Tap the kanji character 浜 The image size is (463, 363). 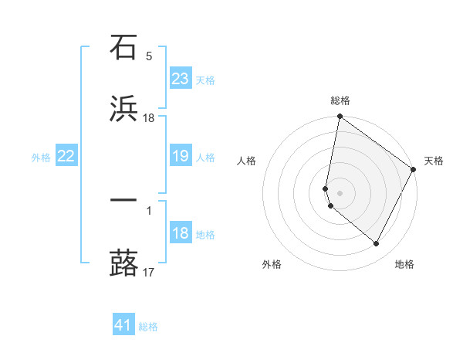pos(123,109)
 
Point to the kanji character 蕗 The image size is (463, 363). pos(123,263)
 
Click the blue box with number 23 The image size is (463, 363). pos(181,79)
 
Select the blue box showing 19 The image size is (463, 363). pos(181,157)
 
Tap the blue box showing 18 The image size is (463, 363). pos(181,234)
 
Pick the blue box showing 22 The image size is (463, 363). pos(66,157)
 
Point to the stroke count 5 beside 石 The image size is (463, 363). pos(149,56)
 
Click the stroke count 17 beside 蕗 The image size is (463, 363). pos(149,272)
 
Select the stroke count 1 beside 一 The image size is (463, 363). pos(149,210)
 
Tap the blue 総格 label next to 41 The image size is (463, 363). pos(148,327)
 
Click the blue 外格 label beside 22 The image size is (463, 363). pos(41,158)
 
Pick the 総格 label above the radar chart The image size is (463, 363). pos(340,100)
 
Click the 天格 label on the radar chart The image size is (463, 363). pos(434,161)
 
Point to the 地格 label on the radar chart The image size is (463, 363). pos(404,264)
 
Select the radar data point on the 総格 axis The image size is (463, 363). pos(340,117)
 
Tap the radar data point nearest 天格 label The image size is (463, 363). pos(414,170)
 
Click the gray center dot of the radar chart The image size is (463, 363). pos(340,192)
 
